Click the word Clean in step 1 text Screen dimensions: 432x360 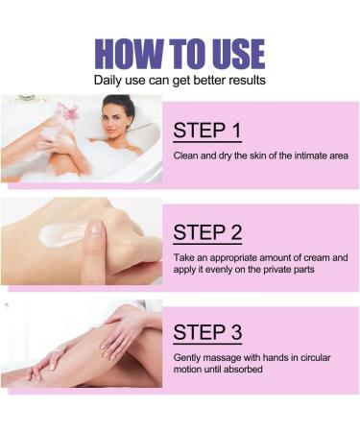pyautogui.click(x=186, y=156)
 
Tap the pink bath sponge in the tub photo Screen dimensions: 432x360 pyautogui.click(x=67, y=112)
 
